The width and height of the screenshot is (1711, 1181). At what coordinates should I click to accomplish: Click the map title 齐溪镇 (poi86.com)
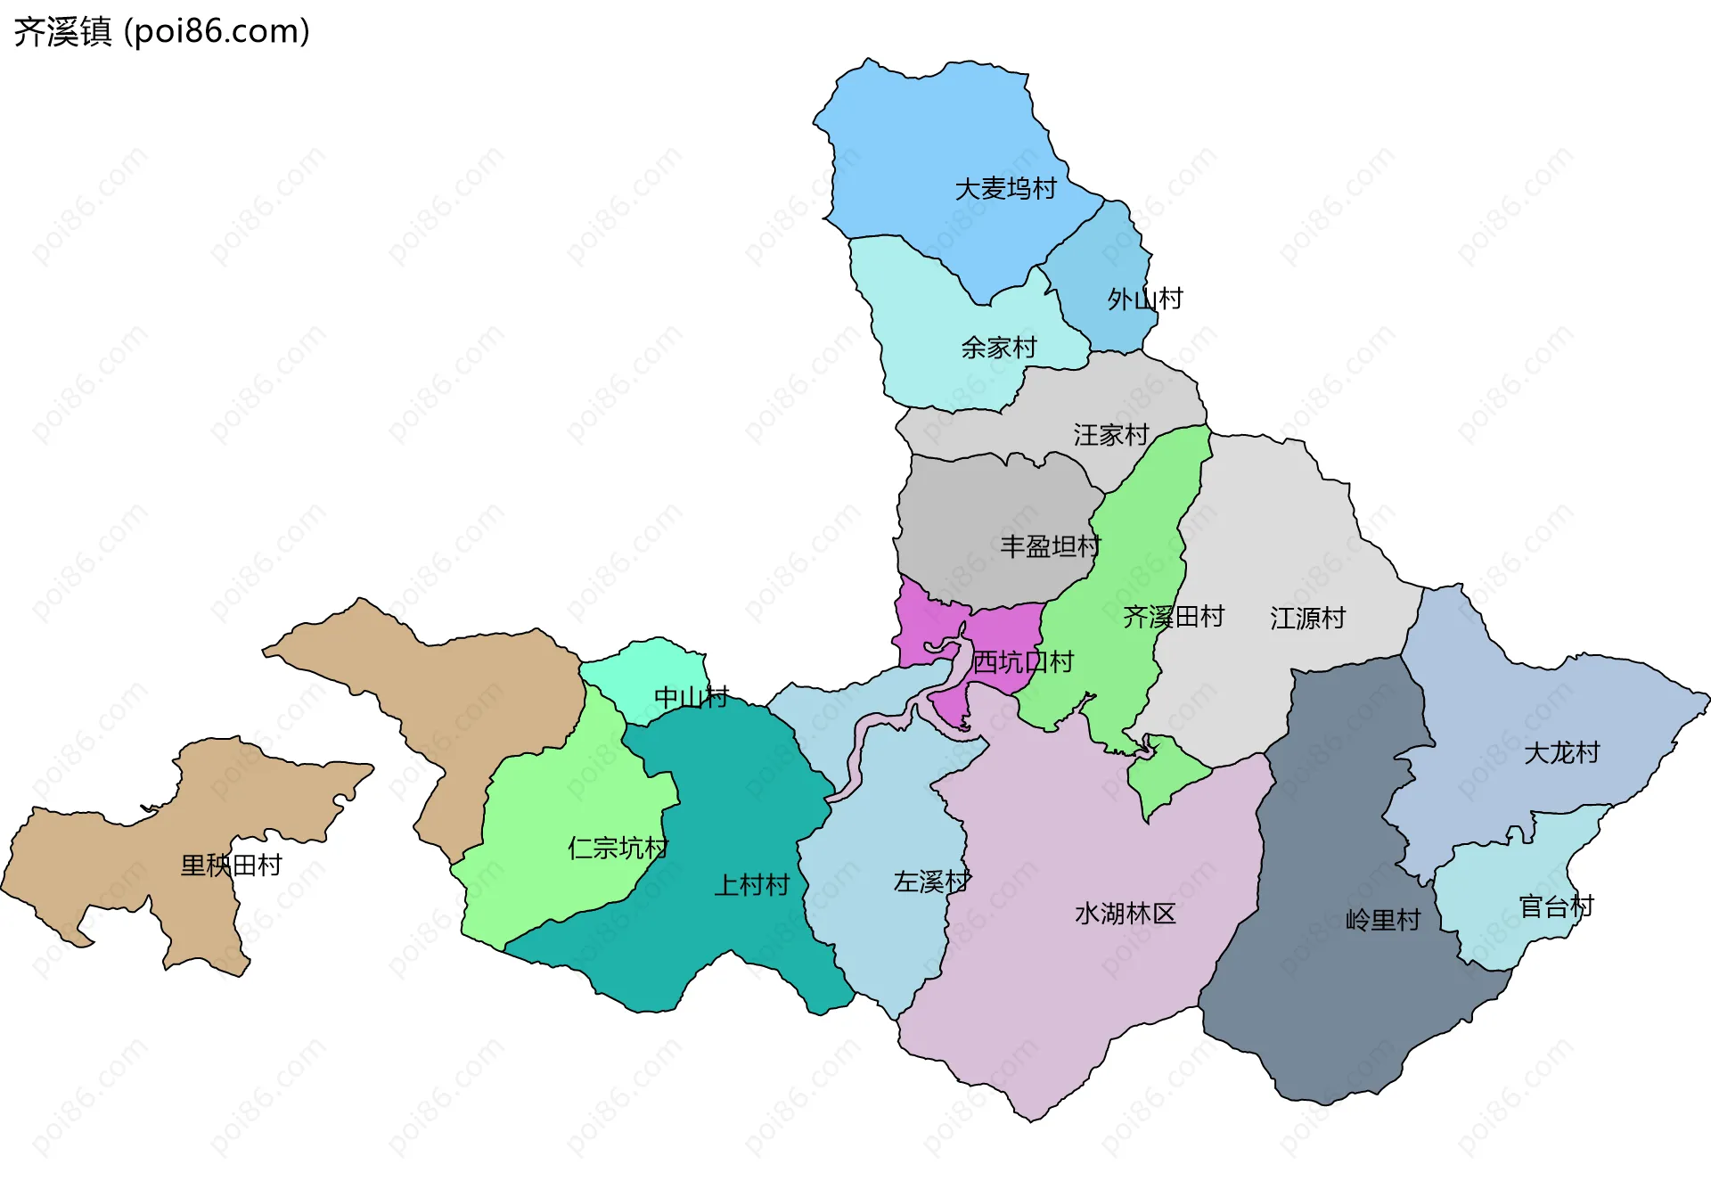161,32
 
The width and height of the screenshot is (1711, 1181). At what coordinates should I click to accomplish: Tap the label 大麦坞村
1005,189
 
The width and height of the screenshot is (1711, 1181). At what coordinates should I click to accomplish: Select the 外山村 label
1145,299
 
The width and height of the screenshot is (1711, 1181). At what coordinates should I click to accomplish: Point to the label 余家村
999,348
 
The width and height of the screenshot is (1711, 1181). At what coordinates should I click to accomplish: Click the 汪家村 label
1111,435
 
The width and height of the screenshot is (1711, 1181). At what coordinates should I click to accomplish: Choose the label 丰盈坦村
1051,546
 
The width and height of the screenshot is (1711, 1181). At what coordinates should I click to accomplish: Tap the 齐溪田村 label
1174,617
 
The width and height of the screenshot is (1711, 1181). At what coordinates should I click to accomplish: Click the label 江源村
1307,619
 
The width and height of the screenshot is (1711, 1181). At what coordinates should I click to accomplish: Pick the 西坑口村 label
1023,662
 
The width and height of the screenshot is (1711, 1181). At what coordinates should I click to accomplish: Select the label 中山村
692,697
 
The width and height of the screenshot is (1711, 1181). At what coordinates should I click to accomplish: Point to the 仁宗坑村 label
618,848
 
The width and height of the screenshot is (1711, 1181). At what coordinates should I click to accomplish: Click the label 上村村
752,885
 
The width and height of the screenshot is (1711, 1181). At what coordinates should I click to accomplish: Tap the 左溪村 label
932,882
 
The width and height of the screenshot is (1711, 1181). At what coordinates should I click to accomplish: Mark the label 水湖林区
1126,914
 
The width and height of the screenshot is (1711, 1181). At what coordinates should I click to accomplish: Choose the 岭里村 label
1383,920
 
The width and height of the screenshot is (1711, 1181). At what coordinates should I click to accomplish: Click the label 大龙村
1561,753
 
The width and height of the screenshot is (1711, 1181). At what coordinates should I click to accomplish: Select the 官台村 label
1556,907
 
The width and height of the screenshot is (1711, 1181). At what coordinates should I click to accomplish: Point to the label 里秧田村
232,865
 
